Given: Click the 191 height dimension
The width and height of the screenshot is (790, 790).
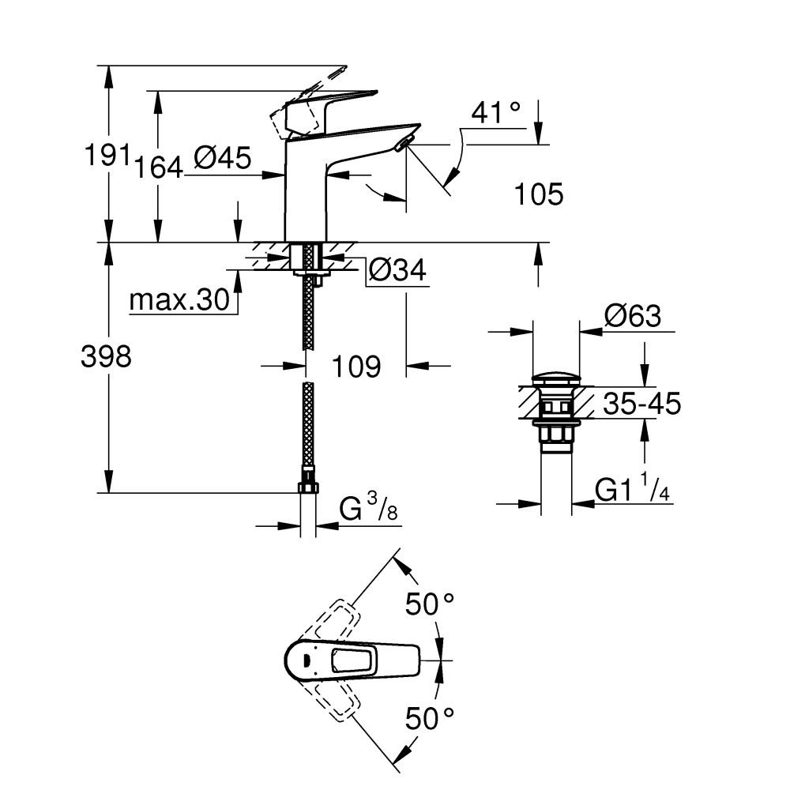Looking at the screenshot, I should pyautogui.click(x=107, y=156).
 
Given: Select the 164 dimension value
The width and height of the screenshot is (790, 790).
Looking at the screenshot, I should pyautogui.click(x=158, y=167).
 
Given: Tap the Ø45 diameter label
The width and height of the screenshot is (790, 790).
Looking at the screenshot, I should pyautogui.click(x=222, y=159).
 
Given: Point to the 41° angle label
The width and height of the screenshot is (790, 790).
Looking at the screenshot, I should pyautogui.click(x=496, y=114).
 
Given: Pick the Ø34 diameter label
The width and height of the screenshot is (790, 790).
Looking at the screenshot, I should pyautogui.click(x=397, y=271).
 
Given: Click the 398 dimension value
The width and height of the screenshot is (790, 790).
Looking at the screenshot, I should pyautogui.click(x=106, y=357).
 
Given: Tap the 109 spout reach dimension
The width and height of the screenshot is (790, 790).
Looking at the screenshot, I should pyautogui.click(x=355, y=366).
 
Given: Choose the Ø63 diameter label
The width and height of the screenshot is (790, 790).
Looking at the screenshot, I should pyautogui.click(x=632, y=317).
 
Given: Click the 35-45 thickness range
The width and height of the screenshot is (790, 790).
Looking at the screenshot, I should pyautogui.click(x=641, y=404).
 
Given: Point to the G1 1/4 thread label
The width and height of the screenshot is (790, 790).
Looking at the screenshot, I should pyautogui.click(x=633, y=491).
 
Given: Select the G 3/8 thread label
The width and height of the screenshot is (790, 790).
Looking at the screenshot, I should pyautogui.click(x=367, y=509).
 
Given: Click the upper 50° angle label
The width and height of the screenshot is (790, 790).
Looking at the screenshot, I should pyautogui.click(x=430, y=605).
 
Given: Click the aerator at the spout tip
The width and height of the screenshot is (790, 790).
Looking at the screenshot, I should pyautogui.click(x=404, y=143).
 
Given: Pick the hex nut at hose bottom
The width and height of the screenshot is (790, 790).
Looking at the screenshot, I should pyautogui.click(x=308, y=483).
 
